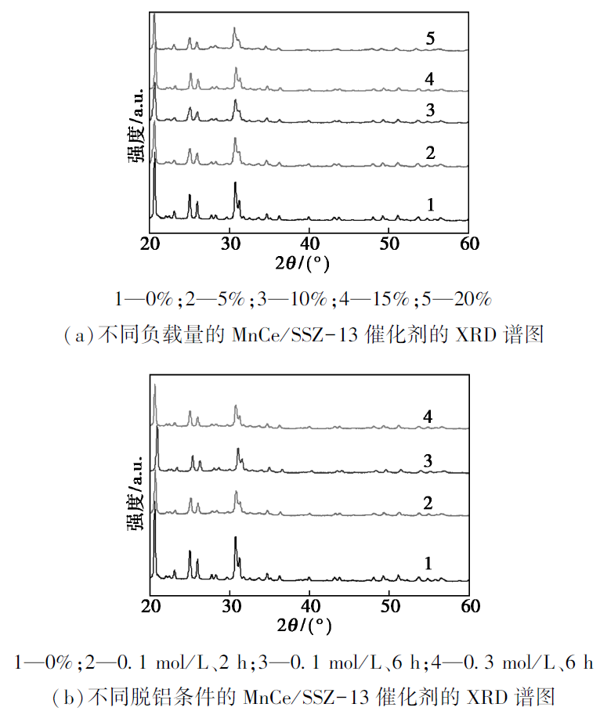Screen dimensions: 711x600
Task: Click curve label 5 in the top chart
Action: point(431,38)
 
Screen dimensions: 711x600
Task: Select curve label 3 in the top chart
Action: point(430,110)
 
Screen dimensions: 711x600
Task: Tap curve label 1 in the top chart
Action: point(430,204)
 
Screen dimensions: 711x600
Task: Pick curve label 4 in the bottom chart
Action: point(428,417)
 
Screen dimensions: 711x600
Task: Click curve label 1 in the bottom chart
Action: point(428,563)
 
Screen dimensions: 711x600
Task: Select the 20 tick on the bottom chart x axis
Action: point(150,605)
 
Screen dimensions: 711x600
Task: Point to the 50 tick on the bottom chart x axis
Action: point(389,605)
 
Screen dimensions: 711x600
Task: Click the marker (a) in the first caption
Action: point(78,335)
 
